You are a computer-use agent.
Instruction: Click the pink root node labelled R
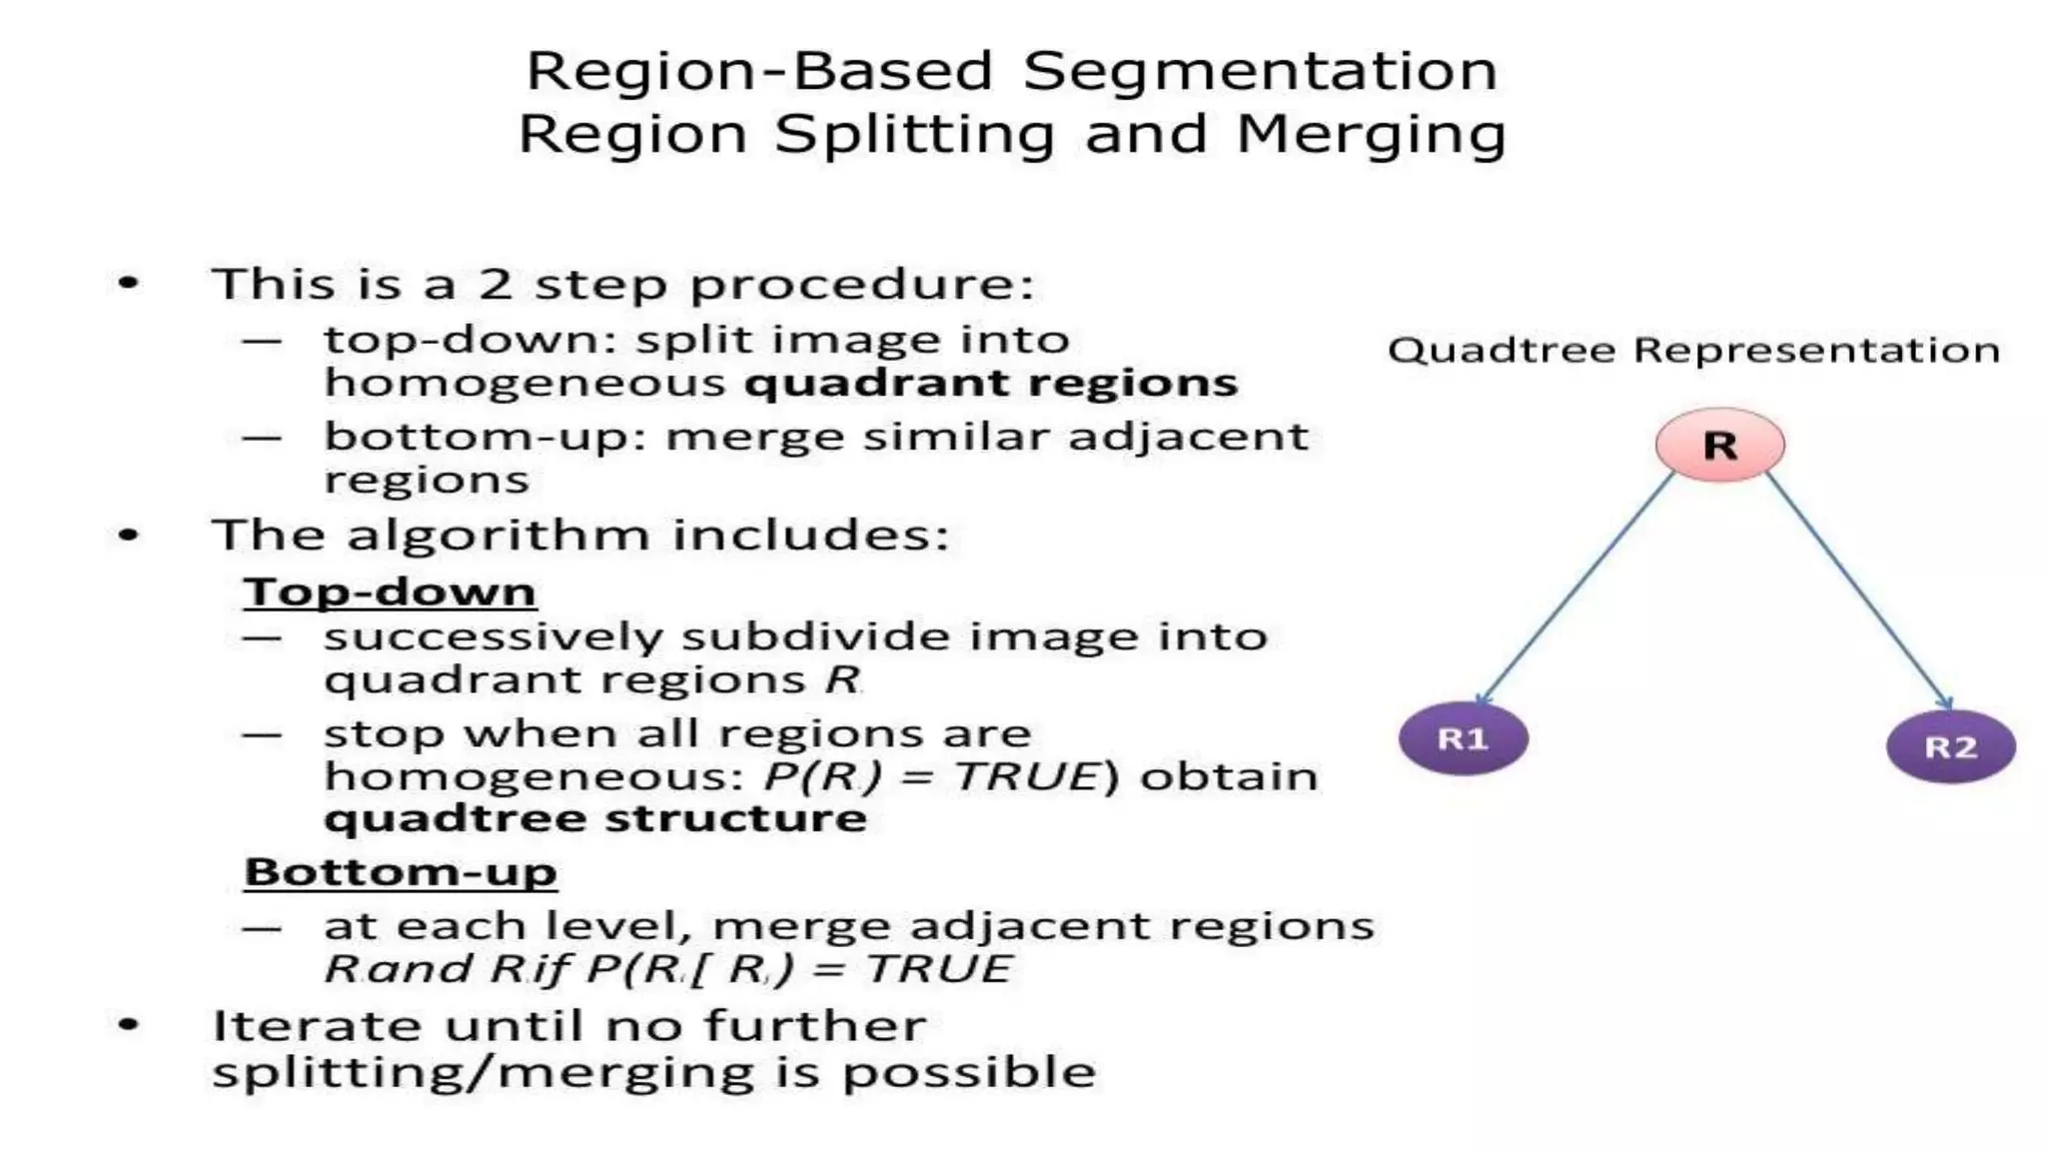[x=1719, y=445]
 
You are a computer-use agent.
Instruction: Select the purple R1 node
[x=1463, y=739]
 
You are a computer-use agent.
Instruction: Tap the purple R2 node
[x=1950, y=747]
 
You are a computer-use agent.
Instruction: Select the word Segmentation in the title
[x=1260, y=71]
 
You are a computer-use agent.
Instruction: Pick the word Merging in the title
[x=1371, y=134]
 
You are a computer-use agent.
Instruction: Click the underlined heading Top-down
[x=390, y=591]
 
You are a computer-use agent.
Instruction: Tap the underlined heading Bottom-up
[x=401, y=872]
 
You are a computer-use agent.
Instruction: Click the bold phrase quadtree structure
[x=595, y=818]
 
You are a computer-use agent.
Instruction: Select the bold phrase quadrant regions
[x=991, y=383]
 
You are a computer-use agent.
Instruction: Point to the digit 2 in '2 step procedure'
[x=496, y=284]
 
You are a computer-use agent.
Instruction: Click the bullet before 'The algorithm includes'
[x=129, y=535]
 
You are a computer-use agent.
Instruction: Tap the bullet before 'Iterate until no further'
[x=129, y=1024]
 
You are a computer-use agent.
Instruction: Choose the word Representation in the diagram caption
[x=1816, y=351]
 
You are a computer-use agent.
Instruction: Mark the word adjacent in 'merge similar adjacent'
[x=1188, y=437]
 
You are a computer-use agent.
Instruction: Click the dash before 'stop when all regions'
[x=262, y=734]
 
